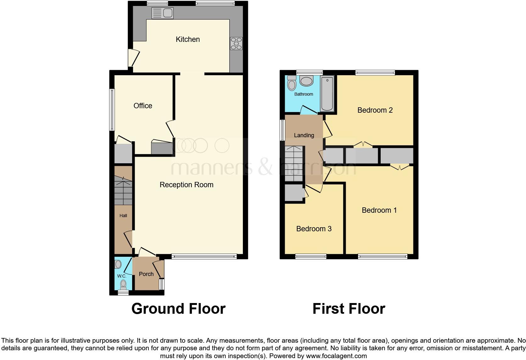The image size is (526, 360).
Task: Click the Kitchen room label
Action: pyautogui.click(x=187, y=39)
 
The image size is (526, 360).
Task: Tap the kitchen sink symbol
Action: pyautogui.click(x=162, y=13)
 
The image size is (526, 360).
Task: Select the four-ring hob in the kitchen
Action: pyautogui.click(x=236, y=43)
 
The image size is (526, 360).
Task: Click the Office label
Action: pyautogui.click(x=143, y=106)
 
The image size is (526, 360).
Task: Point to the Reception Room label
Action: pyautogui.click(x=186, y=185)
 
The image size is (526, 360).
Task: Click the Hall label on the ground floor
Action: pyautogui.click(x=123, y=216)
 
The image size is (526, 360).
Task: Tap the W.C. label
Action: pyautogui.click(x=121, y=276)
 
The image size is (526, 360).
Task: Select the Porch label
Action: pyautogui.click(x=146, y=274)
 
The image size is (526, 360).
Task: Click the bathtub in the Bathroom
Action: pyautogui.click(x=327, y=93)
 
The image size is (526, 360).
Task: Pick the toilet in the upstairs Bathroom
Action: pyautogui.click(x=292, y=83)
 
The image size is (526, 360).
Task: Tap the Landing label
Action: pyautogui.click(x=304, y=135)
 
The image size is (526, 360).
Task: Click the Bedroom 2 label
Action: pyautogui.click(x=375, y=110)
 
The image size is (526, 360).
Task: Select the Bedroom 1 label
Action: pyautogui.click(x=379, y=210)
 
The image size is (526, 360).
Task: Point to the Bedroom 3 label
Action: pyautogui.click(x=314, y=229)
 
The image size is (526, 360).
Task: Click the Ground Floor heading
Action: pyautogui.click(x=178, y=309)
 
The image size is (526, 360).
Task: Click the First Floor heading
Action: pyautogui.click(x=349, y=309)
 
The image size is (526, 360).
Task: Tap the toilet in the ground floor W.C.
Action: pyautogui.click(x=123, y=285)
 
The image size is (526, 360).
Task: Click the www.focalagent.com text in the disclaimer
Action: pyautogui.click(x=336, y=356)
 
